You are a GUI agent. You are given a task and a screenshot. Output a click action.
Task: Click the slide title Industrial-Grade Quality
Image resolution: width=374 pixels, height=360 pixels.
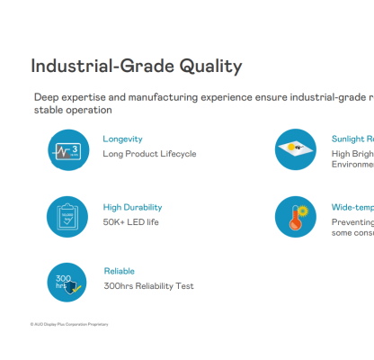(x=136, y=67)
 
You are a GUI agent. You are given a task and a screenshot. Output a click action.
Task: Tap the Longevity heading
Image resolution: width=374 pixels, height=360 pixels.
(x=123, y=139)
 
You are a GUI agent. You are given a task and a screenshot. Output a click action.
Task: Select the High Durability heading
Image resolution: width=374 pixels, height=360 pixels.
(x=133, y=207)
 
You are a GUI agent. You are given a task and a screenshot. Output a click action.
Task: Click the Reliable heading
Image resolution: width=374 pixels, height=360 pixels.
(x=119, y=271)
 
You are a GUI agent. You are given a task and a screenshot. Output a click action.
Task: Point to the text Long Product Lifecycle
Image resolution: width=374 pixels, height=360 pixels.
(x=149, y=154)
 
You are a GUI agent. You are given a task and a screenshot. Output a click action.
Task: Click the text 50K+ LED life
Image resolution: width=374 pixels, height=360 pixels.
(x=130, y=221)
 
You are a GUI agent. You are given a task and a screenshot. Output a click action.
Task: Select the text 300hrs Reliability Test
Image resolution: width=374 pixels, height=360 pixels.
(x=148, y=286)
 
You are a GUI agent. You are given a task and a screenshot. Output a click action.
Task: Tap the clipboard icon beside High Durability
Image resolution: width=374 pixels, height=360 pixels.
(x=68, y=216)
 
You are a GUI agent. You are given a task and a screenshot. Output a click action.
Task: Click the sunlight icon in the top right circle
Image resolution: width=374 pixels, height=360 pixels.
(x=296, y=149)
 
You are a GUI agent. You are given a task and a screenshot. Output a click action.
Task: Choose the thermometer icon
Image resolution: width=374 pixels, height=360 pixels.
(x=296, y=216)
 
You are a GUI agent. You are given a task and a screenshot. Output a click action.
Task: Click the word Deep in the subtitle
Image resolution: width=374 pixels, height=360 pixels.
(x=47, y=96)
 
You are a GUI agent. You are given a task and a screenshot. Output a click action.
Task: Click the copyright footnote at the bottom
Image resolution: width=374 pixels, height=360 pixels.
(x=68, y=322)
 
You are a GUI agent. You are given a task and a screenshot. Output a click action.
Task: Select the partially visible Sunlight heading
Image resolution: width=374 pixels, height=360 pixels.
(x=352, y=139)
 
